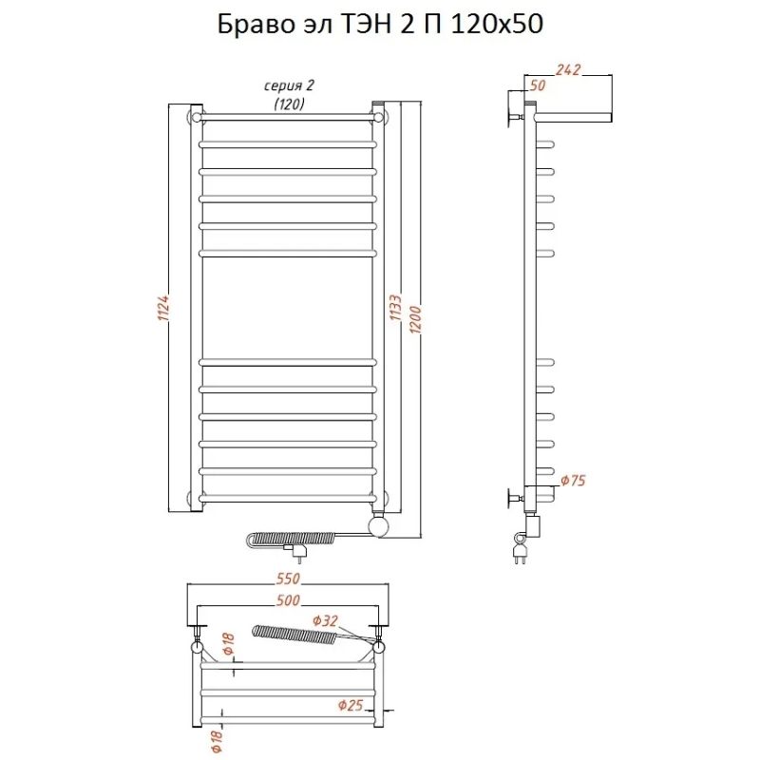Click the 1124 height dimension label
162,307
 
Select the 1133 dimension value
395,307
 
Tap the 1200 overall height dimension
416,318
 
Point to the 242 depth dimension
567,69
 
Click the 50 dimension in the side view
537,85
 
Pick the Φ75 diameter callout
573,481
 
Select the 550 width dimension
288,579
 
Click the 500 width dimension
288,600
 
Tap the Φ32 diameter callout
325,621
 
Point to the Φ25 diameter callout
351,705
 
